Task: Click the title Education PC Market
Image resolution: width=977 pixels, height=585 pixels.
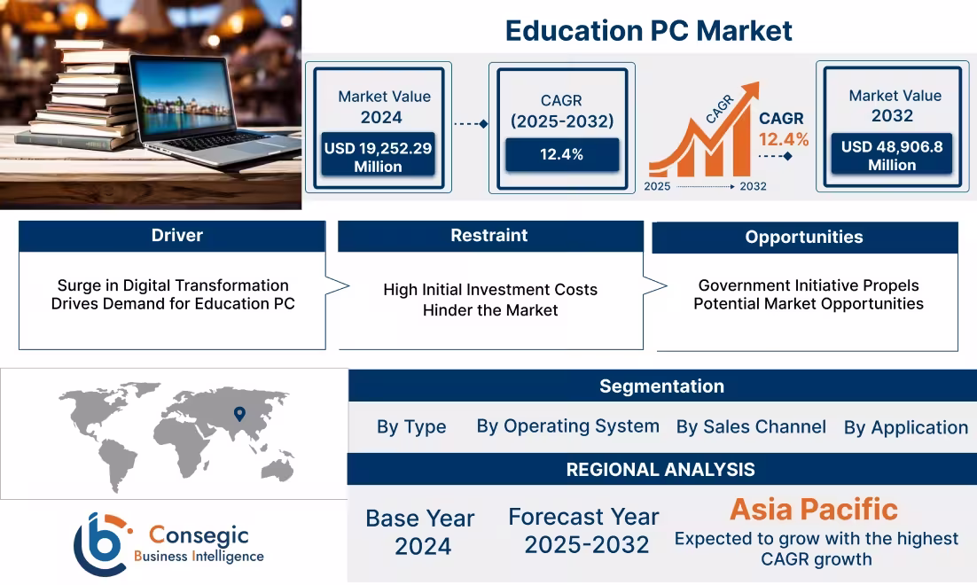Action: coord(648,31)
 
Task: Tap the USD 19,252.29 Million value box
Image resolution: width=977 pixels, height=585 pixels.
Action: coord(378,157)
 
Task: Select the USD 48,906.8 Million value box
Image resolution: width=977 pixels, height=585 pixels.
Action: coord(892,155)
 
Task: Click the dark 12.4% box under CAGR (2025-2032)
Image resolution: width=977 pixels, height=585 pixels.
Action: coord(561,154)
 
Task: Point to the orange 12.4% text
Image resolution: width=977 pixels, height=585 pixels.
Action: coord(783,139)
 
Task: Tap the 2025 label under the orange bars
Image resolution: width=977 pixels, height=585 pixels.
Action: coord(657,186)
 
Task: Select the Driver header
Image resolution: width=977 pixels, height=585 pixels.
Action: coord(176,236)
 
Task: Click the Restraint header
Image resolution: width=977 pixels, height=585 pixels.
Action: coord(489,236)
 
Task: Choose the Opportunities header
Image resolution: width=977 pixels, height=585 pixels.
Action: coord(804,238)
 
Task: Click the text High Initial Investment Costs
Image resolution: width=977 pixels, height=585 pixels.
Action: coord(490,290)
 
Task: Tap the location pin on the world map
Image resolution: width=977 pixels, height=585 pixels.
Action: coord(238,413)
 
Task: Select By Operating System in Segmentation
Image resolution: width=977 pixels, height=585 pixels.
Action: coord(567,426)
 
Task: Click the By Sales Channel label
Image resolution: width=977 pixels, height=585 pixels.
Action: coord(751,427)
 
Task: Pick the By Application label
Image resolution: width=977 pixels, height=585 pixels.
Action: coord(905,428)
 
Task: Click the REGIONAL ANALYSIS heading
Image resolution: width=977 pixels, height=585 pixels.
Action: coord(660,470)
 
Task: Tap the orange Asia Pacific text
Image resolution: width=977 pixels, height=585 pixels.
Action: coord(813,510)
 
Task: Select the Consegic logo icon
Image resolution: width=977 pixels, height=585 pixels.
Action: coord(100,544)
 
